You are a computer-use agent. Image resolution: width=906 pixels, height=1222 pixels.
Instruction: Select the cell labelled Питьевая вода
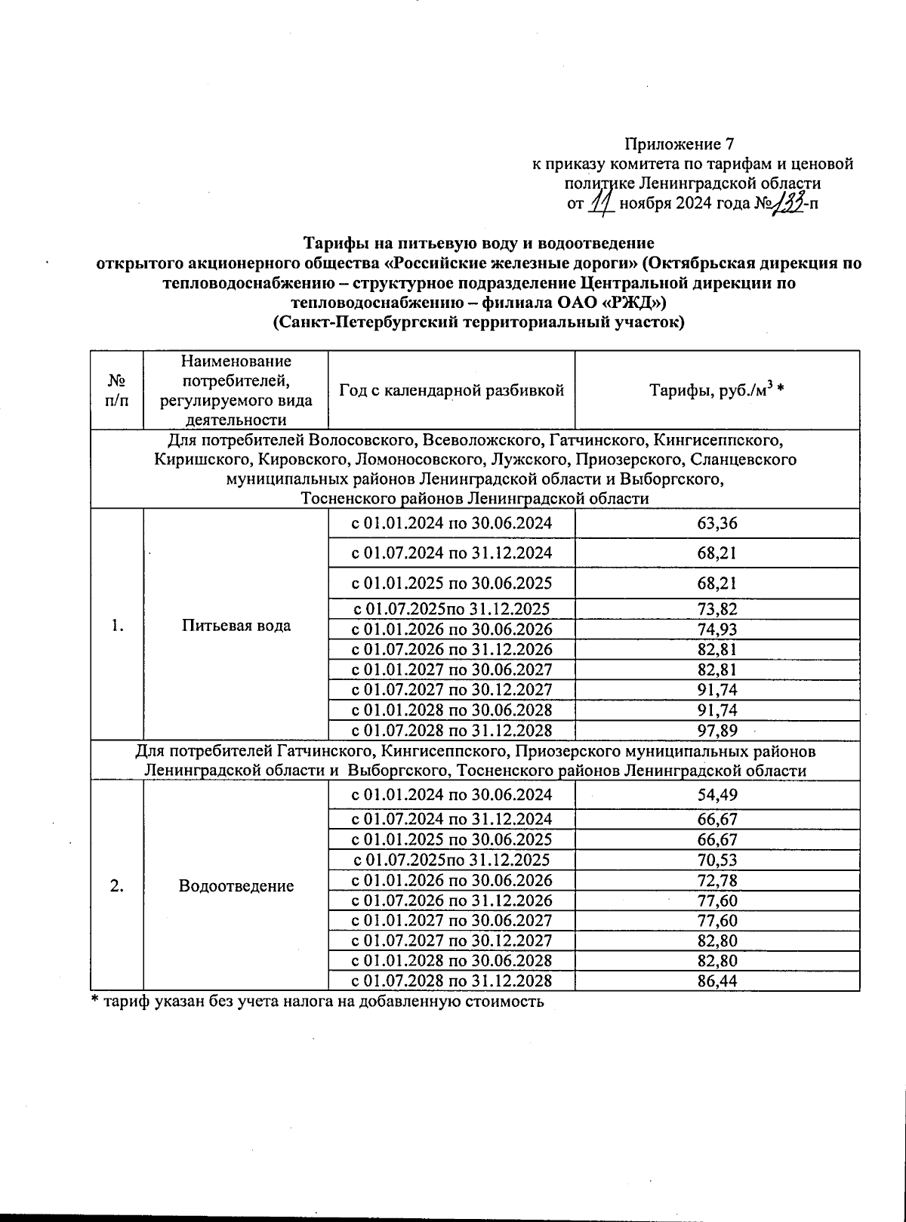[236, 626]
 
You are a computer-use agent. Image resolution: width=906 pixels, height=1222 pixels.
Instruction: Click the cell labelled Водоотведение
[236, 885]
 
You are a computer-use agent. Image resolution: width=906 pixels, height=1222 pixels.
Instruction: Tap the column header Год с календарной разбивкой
[451, 390]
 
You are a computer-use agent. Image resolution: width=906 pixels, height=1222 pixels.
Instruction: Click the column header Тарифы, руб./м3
[716, 390]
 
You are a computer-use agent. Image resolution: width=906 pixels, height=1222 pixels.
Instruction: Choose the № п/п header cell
[116, 390]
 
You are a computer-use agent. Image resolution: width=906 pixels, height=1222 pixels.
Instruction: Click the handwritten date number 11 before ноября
[601, 203]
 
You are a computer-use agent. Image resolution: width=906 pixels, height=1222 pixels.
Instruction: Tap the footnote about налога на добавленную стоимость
[317, 1002]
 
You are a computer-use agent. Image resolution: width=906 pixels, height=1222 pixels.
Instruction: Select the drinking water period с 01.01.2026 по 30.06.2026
[451, 629]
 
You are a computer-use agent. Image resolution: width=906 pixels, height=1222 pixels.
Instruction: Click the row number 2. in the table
[116, 885]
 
